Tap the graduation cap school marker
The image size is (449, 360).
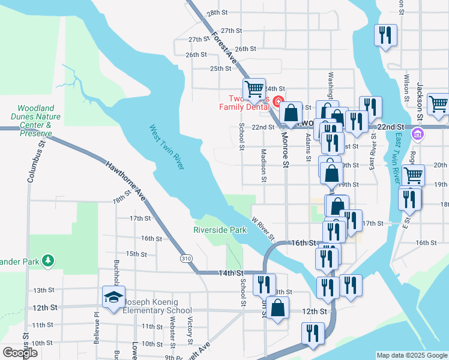click(113, 299)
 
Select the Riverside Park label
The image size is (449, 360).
click(220, 230)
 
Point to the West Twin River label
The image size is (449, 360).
click(166, 147)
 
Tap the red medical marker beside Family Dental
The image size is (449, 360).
click(277, 100)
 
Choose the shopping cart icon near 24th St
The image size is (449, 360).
click(255, 89)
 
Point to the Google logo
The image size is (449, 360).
click(20, 353)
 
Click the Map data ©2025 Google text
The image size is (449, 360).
click(411, 355)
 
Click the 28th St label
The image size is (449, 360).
click(217, 13)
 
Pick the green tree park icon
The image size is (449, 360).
click(47, 261)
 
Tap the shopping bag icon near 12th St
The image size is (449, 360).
click(278, 309)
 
